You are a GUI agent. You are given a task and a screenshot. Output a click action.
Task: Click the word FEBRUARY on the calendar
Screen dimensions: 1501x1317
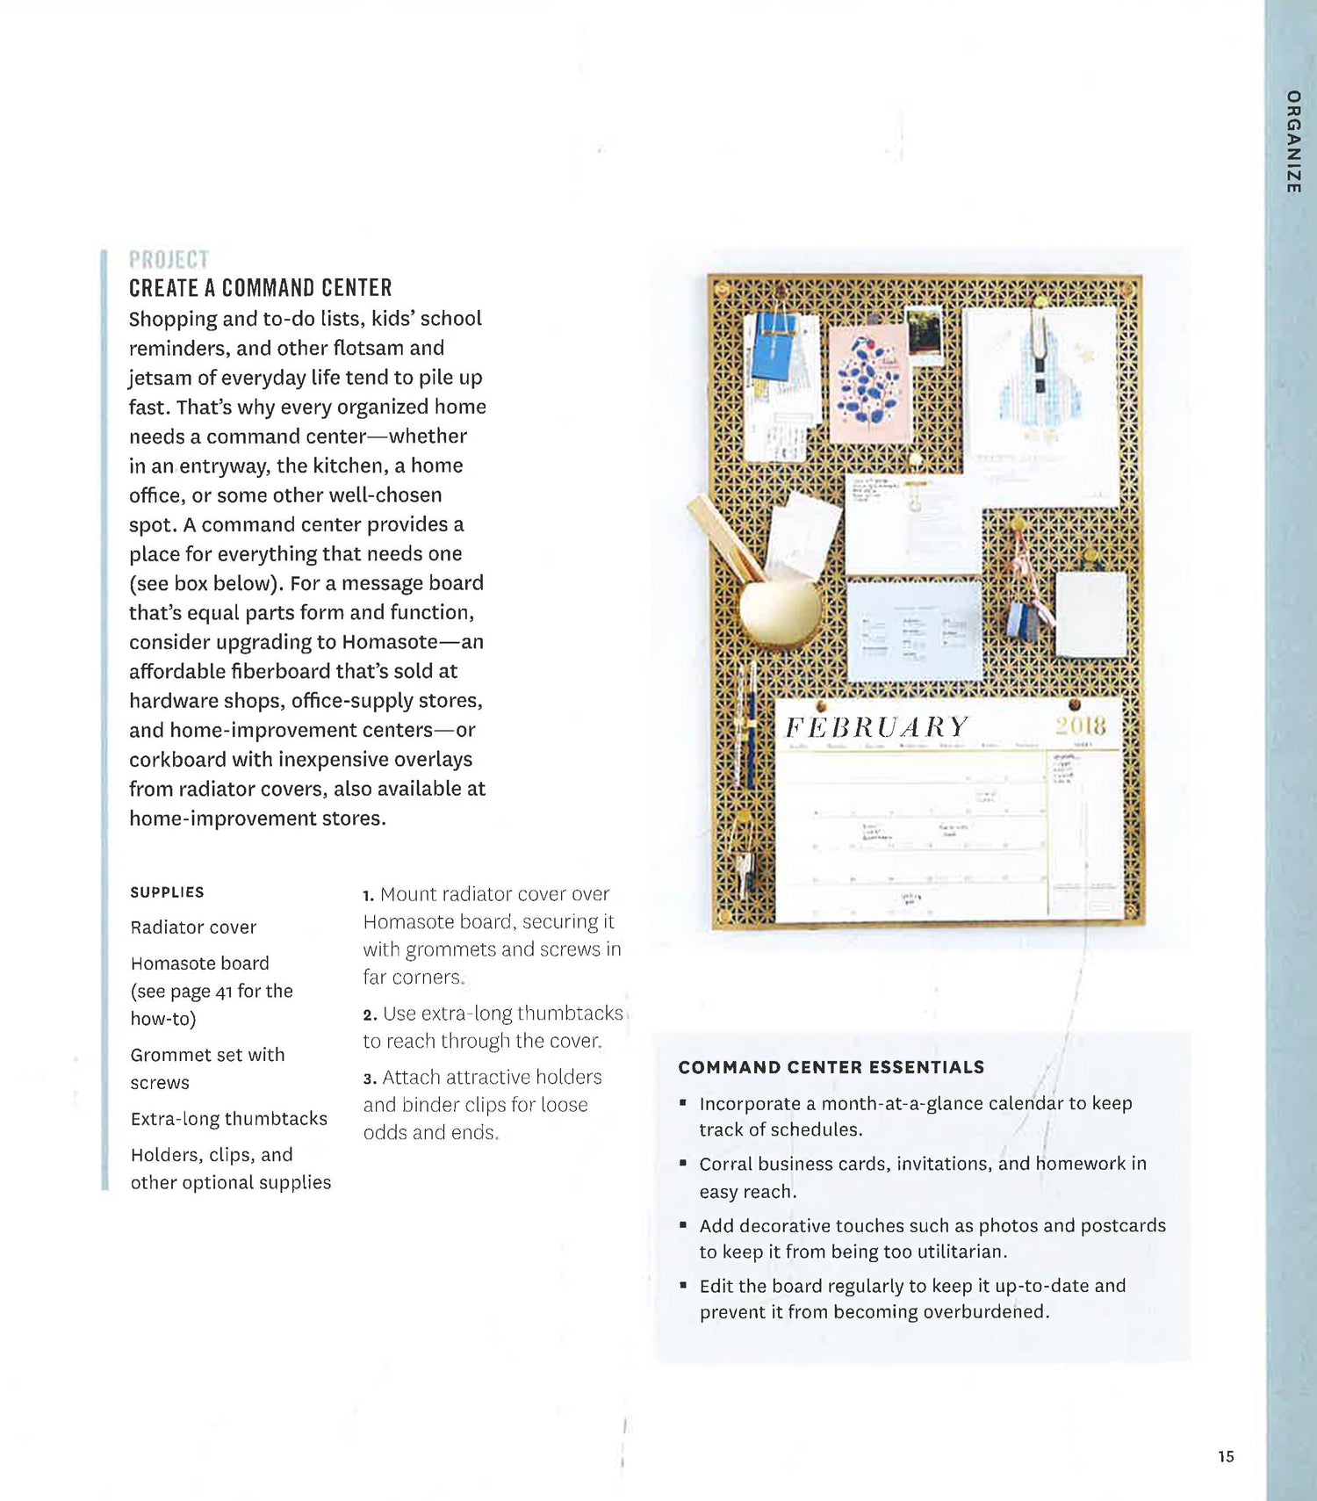tap(876, 727)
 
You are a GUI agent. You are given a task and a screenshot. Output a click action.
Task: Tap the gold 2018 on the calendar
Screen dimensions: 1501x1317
tap(1080, 725)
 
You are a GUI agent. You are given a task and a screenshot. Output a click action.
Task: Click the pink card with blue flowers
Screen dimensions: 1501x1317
tap(869, 384)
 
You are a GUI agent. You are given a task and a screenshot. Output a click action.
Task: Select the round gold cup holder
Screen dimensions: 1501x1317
tap(780, 606)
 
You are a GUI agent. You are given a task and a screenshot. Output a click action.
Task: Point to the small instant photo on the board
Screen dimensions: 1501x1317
tap(924, 335)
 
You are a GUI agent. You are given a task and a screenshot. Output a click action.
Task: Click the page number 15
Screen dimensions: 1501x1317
tap(1226, 1456)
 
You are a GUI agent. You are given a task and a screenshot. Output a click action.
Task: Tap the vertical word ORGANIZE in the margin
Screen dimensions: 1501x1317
tap(1292, 141)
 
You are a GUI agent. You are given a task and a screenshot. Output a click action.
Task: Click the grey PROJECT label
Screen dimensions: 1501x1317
tap(169, 260)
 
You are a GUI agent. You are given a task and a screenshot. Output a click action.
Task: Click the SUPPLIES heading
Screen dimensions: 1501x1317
tap(167, 892)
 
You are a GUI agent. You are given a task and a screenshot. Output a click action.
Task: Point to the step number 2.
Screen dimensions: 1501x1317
tap(370, 1014)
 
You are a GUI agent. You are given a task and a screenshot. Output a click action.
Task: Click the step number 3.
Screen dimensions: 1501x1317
tap(370, 1079)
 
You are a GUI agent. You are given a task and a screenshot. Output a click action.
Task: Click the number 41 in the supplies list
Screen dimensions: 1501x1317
tap(224, 992)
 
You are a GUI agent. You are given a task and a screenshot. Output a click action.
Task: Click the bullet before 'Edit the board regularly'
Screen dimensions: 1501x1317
tap(683, 1285)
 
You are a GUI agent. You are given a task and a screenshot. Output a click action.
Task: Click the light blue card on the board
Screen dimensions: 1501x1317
tap(913, 631)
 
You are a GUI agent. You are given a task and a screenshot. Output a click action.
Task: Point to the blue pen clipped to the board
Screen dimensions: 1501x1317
tap(751, 729)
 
